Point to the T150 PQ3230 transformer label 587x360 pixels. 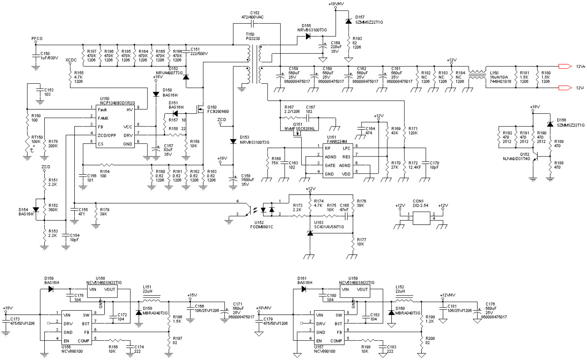click(253, 37)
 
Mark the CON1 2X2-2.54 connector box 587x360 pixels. click(421, 218)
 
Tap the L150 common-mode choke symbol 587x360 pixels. click(477, 75)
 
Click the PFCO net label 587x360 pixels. click(37, 39)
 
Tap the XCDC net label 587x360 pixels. click(71, 60)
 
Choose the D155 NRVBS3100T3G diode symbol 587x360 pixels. click(308, 36)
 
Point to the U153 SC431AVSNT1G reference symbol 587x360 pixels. click(310, 234)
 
